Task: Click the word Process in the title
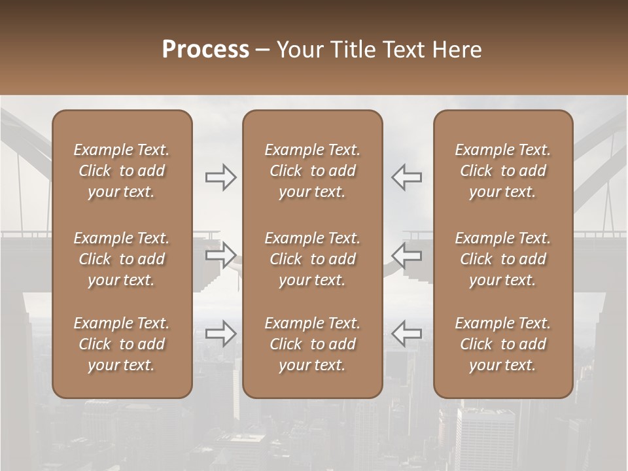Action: coord(205,50)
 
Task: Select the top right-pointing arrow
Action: coord(221,177)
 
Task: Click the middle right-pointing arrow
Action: coord(221,255)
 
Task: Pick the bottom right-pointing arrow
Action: coord(221,333)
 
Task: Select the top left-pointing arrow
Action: coord(406,177)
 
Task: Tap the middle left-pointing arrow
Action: coord(406,255)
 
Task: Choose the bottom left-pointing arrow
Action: coord(406,333)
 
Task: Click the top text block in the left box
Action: coord(122,171)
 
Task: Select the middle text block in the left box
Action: coord(122,259)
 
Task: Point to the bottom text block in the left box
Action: coord(122,344)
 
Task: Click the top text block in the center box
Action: coord(312,171)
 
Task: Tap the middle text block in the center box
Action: coord(312,259)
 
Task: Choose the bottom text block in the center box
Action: coord(312,344)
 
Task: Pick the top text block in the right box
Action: coord(502,171)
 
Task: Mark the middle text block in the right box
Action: coord(502,259)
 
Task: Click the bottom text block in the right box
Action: coord(502,344)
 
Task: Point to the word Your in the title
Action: coord(298,50)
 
